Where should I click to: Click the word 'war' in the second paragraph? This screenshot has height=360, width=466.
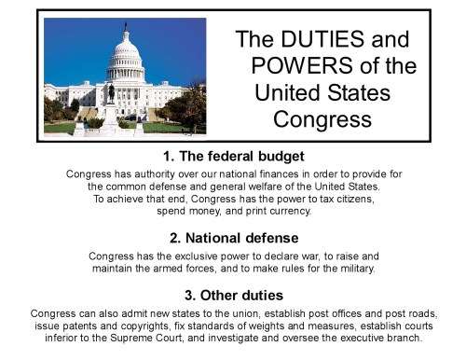point(299,256)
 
